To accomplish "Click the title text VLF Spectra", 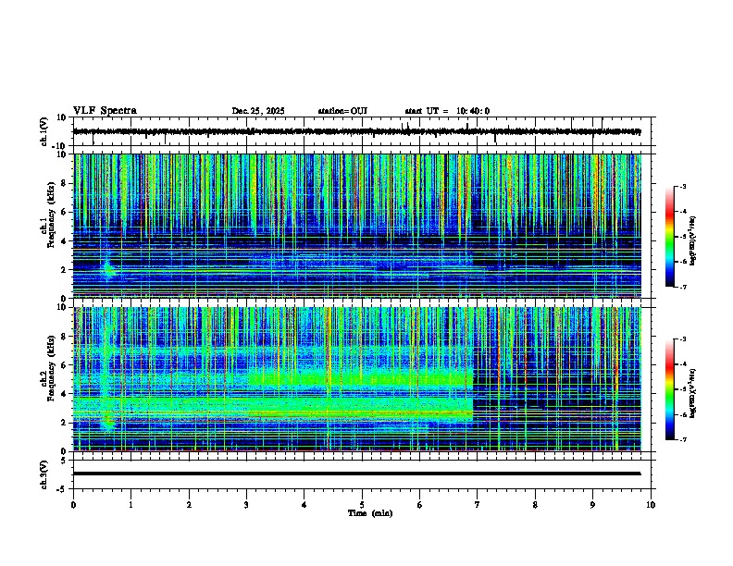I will coord(105,110).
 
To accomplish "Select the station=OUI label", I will coord(342,111).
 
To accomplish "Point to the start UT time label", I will coord(447,111).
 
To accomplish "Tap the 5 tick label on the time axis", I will coord(362,504).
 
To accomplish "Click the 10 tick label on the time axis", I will coord(651,504).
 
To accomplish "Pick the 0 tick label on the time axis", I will coord(73,504).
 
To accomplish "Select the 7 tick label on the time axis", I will coord(478,504).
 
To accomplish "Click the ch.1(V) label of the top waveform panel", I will coord(44,131).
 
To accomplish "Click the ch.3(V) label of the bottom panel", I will coord(44,474).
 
